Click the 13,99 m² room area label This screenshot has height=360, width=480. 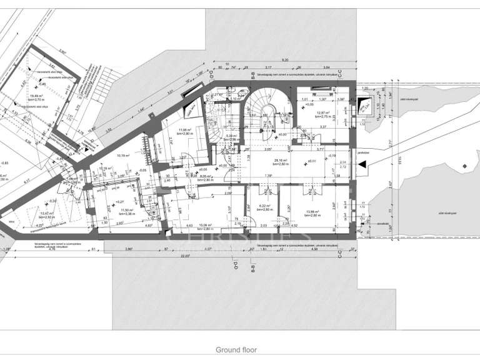(312, 213)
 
